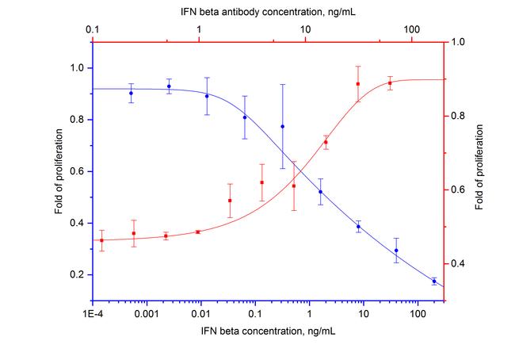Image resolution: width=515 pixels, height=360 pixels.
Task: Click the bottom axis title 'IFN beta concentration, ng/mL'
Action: tap(269, 330)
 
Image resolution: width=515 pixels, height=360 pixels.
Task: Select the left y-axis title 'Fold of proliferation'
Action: tap(59, 171)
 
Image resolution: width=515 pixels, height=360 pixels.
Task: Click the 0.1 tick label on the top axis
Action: tap(93, 29)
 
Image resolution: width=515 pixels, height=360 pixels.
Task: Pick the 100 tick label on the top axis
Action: tap(412, 29)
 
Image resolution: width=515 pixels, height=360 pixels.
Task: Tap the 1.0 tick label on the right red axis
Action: tap(457, 42)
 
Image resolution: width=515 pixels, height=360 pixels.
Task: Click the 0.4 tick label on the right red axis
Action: tap(457, 264)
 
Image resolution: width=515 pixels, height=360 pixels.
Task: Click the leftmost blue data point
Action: tap(131, 93)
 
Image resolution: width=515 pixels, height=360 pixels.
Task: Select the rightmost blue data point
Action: tap(434, 281)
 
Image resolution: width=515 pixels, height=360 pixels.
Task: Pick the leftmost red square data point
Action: tap(101, 240)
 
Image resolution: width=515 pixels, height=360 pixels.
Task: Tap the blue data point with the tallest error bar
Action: tap(282, 126)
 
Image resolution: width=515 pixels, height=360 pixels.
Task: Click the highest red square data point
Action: tap(358, 84)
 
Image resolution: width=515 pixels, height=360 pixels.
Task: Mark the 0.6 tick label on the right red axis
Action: tap(457, 190)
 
